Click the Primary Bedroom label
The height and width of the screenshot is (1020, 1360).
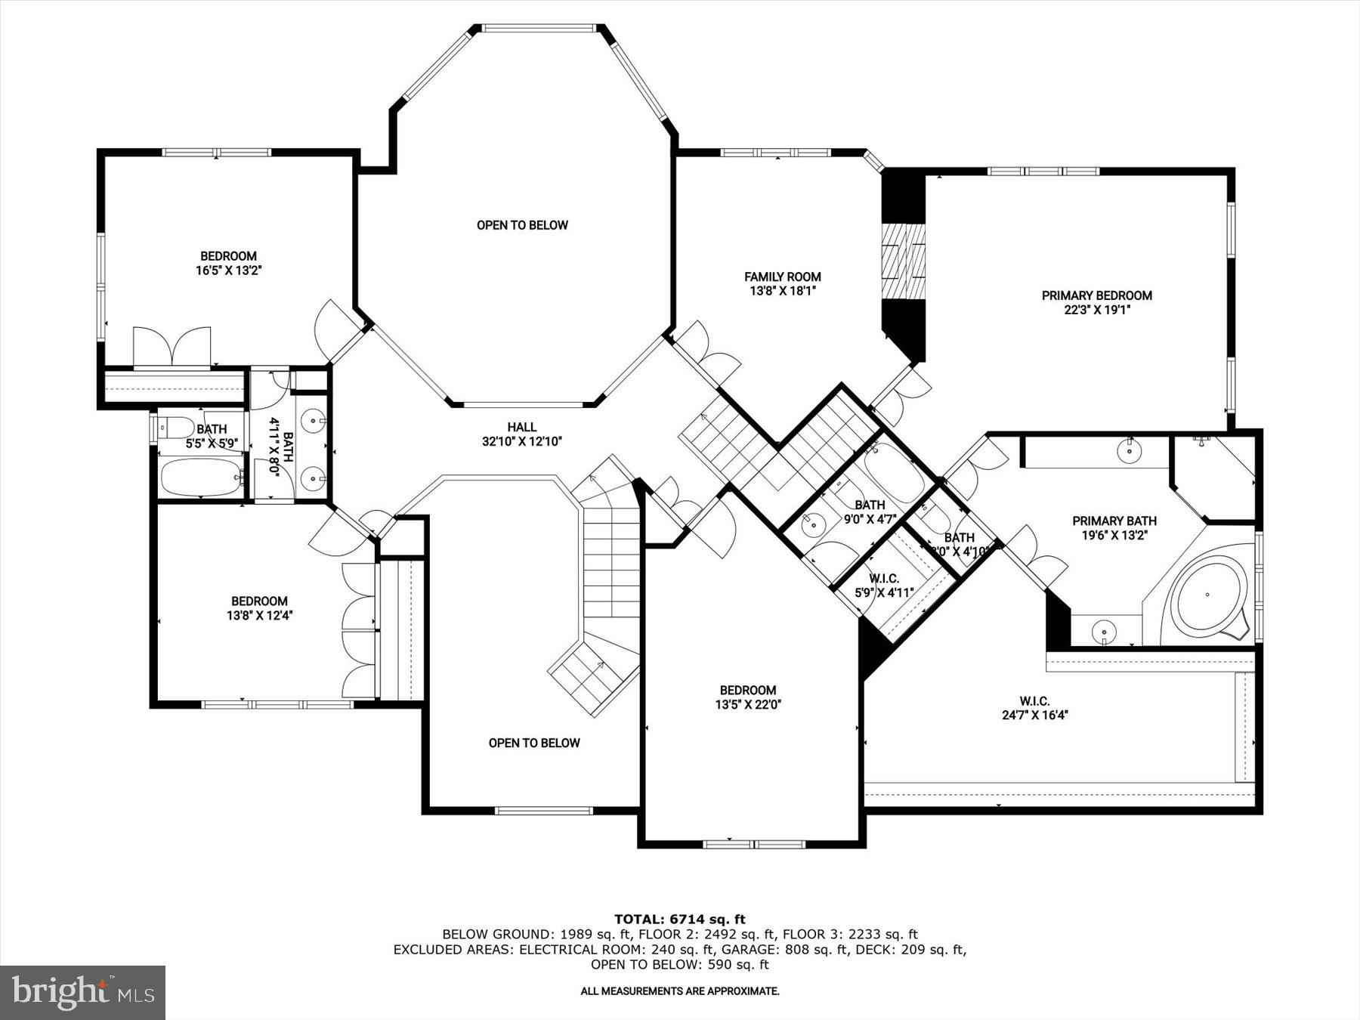(x=1096, y=295)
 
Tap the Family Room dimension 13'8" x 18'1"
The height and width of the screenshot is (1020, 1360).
(x=782, y=290)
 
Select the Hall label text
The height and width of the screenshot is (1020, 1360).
(x=521, y=428)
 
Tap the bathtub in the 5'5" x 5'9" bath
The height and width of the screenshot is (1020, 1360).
(x=200, y=476)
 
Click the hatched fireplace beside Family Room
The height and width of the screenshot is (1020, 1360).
(x=904, y=261)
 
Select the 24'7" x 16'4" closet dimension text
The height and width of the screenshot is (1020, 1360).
(x=1034, y=715)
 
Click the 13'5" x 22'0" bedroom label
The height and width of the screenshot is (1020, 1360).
(x=747, y=690)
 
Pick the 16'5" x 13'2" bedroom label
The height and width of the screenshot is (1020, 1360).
(x=228, y=256)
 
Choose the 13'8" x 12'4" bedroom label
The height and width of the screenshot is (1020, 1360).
(x=259, y=601)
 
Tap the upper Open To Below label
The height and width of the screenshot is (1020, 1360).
(x=522, y=225)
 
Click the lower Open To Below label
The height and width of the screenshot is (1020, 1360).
(x=534, y=743)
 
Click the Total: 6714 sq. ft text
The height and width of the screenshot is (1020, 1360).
(x=679, y=919)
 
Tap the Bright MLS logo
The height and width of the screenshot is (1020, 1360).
(x=82, y=992)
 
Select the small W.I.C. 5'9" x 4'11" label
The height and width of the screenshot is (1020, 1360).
(x=884, y=586)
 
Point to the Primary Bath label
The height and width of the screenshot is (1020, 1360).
(x=1114, y=521)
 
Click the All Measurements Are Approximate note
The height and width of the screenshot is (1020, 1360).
(x=679, y=991)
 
